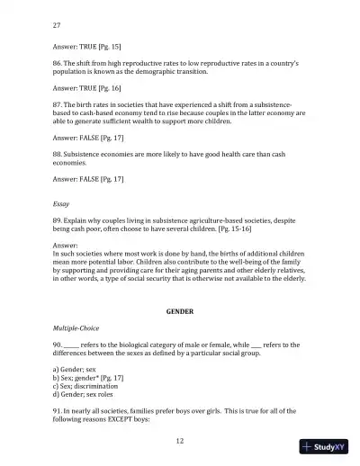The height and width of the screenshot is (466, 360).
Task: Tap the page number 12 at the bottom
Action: pos(180,441)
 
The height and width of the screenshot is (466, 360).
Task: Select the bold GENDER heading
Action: pos(180,309)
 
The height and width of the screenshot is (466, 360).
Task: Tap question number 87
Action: pos(58,106)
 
